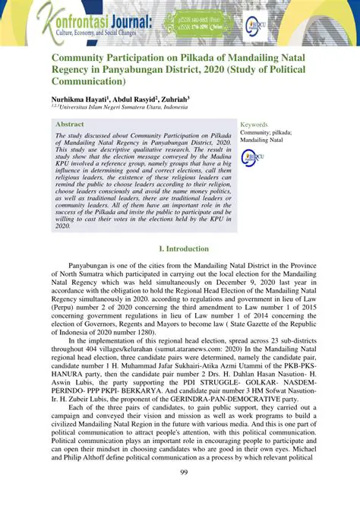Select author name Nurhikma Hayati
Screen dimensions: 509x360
[x=84, y=99]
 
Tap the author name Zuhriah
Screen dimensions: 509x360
[x=192, y=99]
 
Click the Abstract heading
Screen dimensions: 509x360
[x=71, y=123]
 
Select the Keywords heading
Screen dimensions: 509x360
[x=254, y=124]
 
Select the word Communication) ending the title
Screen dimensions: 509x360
[x=91, y=81]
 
